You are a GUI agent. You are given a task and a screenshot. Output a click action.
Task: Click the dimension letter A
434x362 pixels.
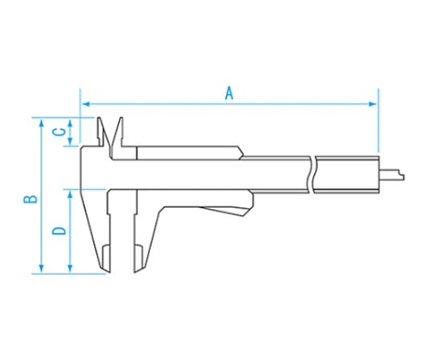point(229,93)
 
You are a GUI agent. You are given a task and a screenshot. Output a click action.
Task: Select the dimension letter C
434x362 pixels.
point(59,132)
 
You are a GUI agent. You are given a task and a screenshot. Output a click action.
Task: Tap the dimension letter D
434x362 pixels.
point(59,231)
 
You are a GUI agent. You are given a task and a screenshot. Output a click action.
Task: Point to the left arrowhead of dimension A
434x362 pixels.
point(86,104)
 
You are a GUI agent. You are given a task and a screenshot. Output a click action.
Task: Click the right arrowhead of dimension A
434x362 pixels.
point(373,104)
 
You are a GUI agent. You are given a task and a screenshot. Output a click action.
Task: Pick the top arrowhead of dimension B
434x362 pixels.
point(42,123)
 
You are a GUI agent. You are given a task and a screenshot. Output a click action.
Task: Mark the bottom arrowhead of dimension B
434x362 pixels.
point(42,269)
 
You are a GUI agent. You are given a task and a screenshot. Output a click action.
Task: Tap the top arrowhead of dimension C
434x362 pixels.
point(70,123)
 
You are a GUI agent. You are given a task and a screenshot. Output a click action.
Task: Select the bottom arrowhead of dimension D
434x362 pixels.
point(70,269)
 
